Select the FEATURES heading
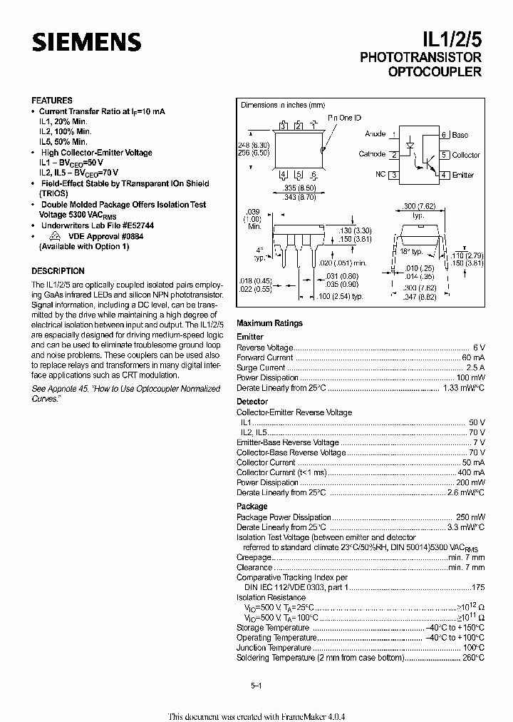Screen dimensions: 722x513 (52, 101)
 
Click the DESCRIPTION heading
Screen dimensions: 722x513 (58, 271)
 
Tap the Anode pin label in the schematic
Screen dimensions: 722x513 (375, 134)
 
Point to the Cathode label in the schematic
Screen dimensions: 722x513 (372, 154)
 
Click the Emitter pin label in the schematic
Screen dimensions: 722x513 (462, 175)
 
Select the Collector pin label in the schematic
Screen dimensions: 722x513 (466, 155)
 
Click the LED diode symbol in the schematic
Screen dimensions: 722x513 (410, 145)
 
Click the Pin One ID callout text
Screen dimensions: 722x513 (344, 118)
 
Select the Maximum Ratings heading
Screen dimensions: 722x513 (269, 323)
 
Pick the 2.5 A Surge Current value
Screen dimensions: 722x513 (475, 367)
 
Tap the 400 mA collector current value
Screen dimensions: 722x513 (471, 472)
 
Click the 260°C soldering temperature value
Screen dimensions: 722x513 (472, 658)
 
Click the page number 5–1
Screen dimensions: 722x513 (256, 686)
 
